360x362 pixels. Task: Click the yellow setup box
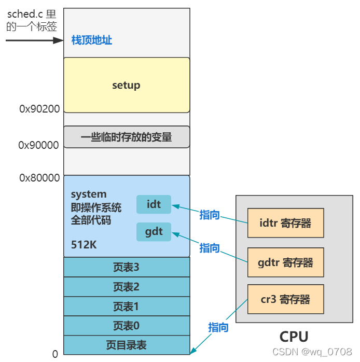coord(126,85)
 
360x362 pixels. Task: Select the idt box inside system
coord(154,204)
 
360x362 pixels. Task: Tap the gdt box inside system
coord(154,231)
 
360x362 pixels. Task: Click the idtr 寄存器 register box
coord(285,223)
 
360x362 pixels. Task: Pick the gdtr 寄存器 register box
coord(285,262)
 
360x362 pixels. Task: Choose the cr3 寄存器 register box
coord(285,299)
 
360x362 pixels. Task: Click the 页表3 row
coord(126,267)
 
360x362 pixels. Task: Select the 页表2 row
coord(126,287)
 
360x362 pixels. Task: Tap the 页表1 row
coord(126,306)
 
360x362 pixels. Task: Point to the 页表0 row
coord(126,326)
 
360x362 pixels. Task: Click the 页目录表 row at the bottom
coord(126,345)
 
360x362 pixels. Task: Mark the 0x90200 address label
coord(39,109)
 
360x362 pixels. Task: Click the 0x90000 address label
coord(39,145)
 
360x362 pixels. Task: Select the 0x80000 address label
coord(39,178)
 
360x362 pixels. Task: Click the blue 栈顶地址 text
coord(92,40)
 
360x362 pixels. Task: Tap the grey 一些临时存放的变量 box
coord(126,137)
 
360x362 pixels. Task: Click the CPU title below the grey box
coord(294,336)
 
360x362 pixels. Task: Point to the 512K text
coord(84,244)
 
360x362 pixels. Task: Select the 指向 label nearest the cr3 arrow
coord(218,327)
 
